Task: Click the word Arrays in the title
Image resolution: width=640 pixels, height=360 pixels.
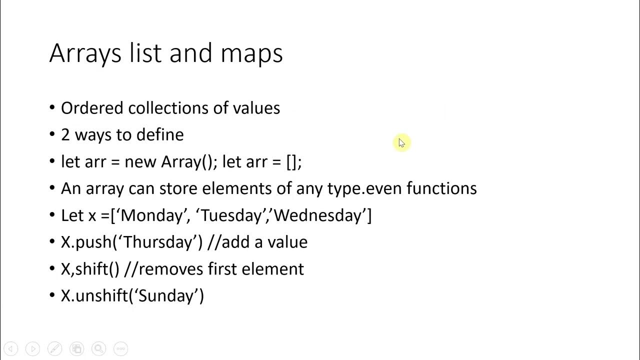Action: (x=85, y=53)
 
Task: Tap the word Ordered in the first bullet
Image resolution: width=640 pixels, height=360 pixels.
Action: (x=92, y=108)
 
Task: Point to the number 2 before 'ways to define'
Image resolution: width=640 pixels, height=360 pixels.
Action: (x=65, y=134)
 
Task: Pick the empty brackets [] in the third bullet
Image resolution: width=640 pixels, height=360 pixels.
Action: (x=292, y=161)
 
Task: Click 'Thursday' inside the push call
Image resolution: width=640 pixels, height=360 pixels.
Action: (x=158, y=242)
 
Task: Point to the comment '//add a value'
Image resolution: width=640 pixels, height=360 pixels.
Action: (x=257, y=242)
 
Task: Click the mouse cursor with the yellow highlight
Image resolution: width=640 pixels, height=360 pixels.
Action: (x=401, y=143)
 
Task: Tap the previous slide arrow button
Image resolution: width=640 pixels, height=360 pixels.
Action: (x=11, y=348)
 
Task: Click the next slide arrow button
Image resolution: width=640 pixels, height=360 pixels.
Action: (x=32, y=348)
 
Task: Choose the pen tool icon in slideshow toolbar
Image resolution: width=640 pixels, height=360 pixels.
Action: (x=54, y=348)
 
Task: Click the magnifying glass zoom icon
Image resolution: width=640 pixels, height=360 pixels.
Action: (x=98, y=348)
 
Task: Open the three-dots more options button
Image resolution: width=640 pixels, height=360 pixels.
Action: (x=120, y=348)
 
